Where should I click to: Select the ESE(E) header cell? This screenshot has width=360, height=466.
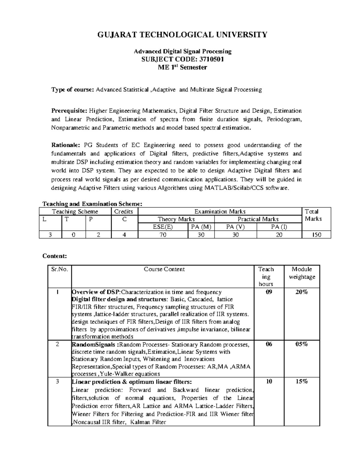coord(163,227)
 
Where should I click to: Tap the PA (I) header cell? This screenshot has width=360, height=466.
coord(279,227)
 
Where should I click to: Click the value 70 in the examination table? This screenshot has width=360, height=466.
coord(163,235)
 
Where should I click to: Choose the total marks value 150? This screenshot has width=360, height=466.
coord(316,235)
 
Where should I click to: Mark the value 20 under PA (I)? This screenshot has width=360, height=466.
coord(279,235)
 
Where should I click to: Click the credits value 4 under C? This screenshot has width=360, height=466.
coord(124,235)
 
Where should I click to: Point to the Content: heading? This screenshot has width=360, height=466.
coord(55,256)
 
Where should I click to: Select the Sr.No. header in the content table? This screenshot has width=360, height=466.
coord(60,269)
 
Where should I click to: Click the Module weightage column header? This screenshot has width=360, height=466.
coord(302,273)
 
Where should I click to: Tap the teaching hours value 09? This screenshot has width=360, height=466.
coord(269,292)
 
